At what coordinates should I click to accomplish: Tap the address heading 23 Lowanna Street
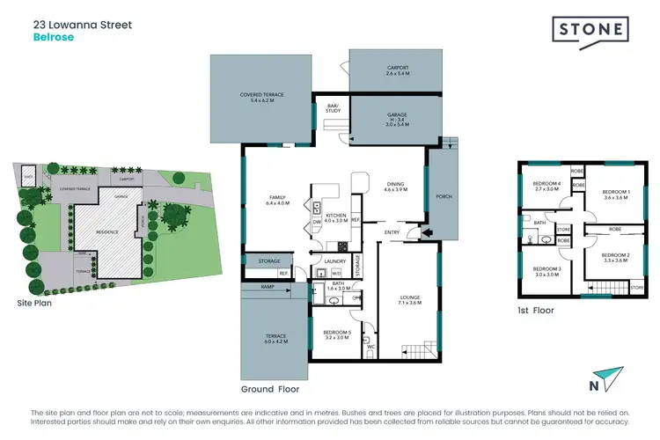tap(82, 25)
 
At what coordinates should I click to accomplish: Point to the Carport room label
tap(398, 70)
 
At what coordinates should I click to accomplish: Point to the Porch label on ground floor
tap(443, 196)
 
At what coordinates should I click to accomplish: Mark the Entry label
tap(392, 232)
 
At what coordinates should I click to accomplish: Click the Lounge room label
tap(409, 300)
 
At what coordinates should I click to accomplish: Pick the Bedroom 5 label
tap(337, 334)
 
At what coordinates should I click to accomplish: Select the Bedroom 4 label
tap(547, 186)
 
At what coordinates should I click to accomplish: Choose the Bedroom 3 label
tap(547, 271)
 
